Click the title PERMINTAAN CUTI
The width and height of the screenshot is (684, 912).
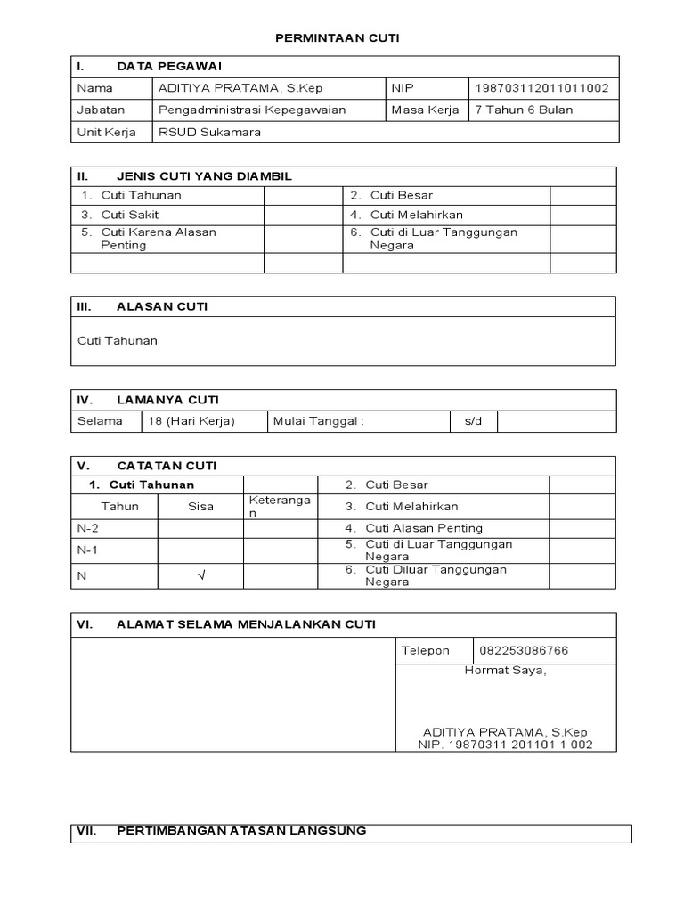pyautogui.click(x=338, y=38)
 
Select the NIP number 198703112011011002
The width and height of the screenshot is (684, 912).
pyautogui.click(x=541, y=88)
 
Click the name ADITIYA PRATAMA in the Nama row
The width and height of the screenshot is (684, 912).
pyautogui.click(x=228, y=88)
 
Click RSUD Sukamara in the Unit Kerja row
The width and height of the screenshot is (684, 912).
pyautogui.click(x=209, y=132)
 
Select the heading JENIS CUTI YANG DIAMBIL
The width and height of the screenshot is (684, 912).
pyautogui.click(x=204, y=176)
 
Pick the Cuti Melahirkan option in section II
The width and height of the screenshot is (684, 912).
pyautogui.click(x=417, y=215)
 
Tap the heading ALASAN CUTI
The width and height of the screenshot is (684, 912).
pyautogui.click(x=162, y=306)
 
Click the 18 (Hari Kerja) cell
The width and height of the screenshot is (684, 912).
pyautogui.click(x=192, y=421)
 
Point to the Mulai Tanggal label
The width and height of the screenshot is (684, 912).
pyautogui.click(x=319, y=421)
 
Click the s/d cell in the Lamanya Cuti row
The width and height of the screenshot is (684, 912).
pyautogui.click(x=472, y=421)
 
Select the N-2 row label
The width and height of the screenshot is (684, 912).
pyautogui.click(x=88, y=527)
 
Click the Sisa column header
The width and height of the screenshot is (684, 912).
pyautogui.click(x=200, y=507)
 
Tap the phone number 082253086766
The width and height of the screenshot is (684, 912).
pyautogui.click(x=524, y=650)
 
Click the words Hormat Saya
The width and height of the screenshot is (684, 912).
pyautogui.click(x=505, y=671)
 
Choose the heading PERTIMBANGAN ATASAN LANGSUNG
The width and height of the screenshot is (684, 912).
pyautogui.click(x=240, y=831)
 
